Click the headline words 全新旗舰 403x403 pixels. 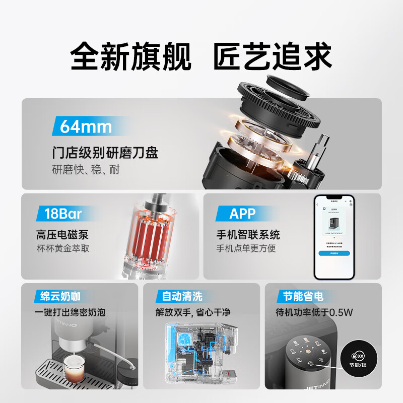(x=131, y=57)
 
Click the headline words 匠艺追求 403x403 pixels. (x=273, y=57)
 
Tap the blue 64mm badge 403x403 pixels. (x=86, y=126)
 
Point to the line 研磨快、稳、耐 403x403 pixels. (x=86, y=169)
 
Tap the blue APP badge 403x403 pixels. (x=242, y=214)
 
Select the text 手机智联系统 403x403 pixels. (x=248, y=235)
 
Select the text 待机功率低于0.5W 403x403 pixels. (x=314, y=312)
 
